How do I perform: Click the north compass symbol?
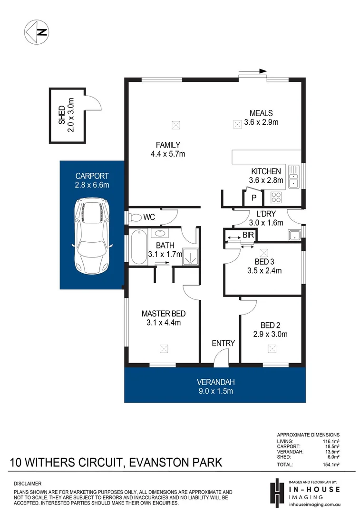tap(36, 32)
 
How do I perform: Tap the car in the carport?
tap(92, 236)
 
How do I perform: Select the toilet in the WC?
tap(134, 217)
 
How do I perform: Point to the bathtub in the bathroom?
tap(138, 247)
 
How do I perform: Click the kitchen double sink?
tap(293, 177)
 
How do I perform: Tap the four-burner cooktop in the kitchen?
tap(276, 197)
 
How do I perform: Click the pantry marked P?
tap(253, 198)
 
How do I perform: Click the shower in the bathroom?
tap(190, 257)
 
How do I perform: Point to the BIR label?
tap(248, 235)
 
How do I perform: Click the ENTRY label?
tap(224, 343)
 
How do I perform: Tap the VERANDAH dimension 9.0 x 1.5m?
tap(216, 391)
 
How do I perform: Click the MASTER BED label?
tap(164, 314)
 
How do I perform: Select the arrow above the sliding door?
tap(253, 71)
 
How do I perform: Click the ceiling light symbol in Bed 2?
tap(272, 348)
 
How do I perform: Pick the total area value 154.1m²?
tap(331, 465)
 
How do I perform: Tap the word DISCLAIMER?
tap(28, 484)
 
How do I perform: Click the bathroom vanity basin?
tap(160, 233)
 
